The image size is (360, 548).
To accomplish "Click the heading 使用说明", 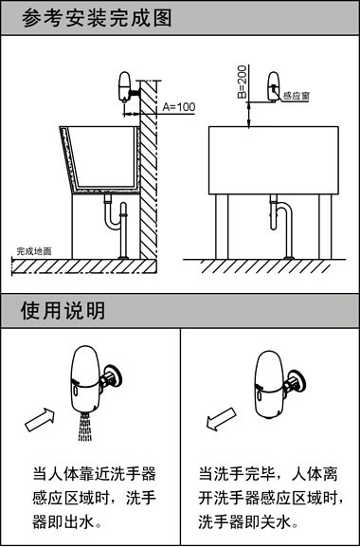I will point(63,310).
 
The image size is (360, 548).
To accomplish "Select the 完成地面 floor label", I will point(33,251).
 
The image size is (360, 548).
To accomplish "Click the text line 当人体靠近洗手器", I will point(94,472).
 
